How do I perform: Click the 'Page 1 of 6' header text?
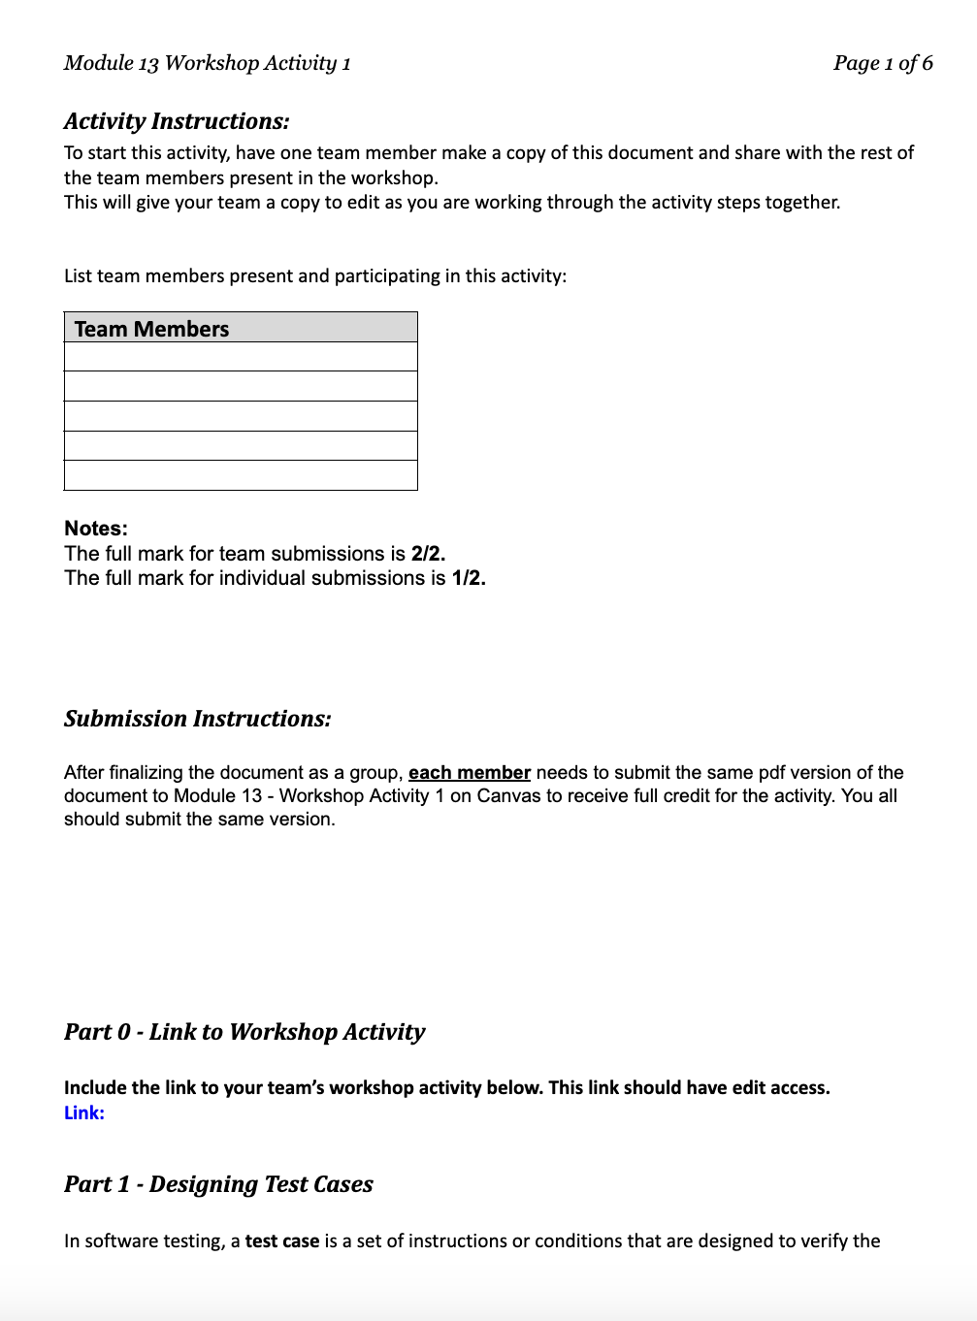[x=882, y=63]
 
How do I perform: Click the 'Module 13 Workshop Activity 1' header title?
[x=207, y=63]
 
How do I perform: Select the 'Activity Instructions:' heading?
[x=177, y=121]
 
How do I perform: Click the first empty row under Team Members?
[x=241, y=357]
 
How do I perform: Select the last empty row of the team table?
[x=241, y=475]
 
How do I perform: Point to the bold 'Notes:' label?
[x=96, y=529]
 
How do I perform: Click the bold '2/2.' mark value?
[x=428, y=554]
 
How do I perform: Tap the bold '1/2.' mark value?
[x=469, y=578]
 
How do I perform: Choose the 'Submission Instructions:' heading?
[x=197, y=719]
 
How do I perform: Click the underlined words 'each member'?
[x=470, y=773]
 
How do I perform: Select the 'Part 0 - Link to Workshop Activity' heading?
[x=244, y=1032]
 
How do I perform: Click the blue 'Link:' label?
[x=84, y=1113]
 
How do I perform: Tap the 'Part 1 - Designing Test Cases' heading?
[x=218, y=1184]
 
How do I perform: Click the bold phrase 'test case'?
[x=282, y=1241]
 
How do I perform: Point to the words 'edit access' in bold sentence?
[x=779, y=1088]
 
